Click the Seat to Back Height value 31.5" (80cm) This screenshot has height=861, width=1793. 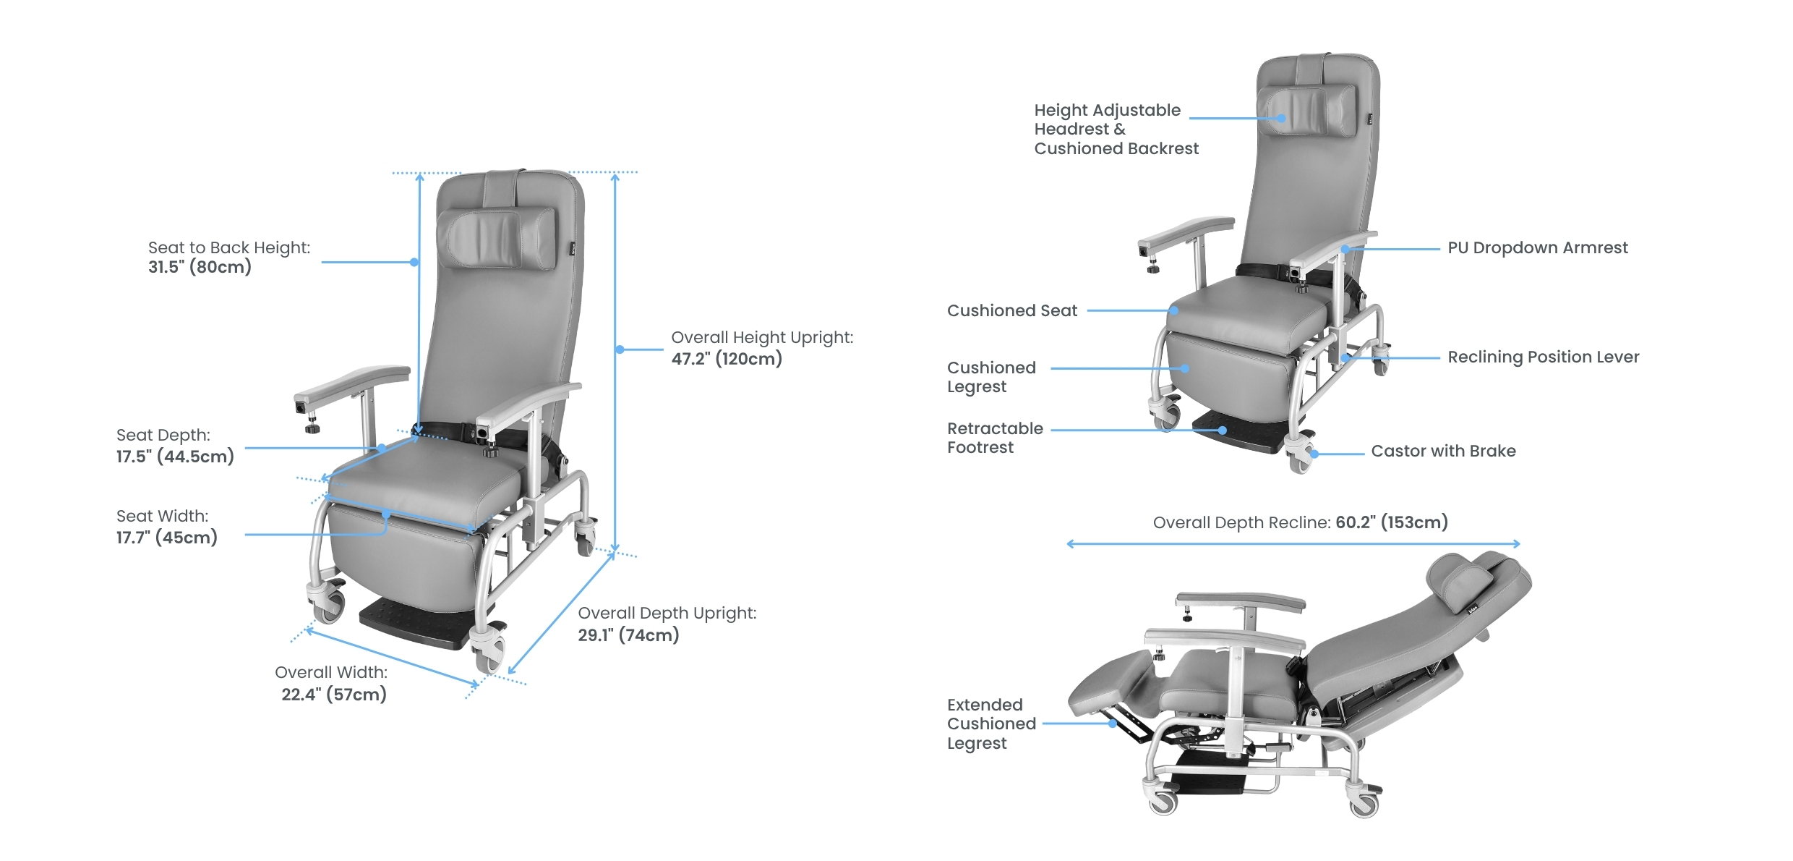pyautogui.click(x=200, y=267)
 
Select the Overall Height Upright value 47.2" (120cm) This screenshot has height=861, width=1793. pyautogui.click(x=726, y=359)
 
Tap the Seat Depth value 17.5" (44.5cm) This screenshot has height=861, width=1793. pyautogui.click(x=175, y=457)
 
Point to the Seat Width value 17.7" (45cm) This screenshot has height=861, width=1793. pyautogui.click(x=166, y=538)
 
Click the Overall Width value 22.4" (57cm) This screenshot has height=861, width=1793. pyautogui.click(x=333, y=695)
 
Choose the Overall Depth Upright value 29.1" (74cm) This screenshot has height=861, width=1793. pyautogui.click(x=628, y=635)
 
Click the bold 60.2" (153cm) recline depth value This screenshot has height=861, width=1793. pyautogui.click(x=1391, y=522)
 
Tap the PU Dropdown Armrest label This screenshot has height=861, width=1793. pyautogui.click(x=1537, y=248)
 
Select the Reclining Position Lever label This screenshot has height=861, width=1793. pyautogui.click(x=1543, y=357)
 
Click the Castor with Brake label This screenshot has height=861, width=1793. pyautogui.click(x=1443, y=451)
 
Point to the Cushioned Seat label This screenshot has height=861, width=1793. pyautogui.click(x=1011, y=311)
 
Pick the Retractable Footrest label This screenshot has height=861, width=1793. pyautogui.click(x=994, y=438)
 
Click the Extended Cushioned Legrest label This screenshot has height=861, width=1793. pyautogui.click(x=990, y=724)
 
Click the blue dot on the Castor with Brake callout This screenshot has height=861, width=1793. pyautogui.click(x=1315, y=454)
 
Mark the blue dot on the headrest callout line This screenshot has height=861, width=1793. pyautogui.click(x=1281, y=118)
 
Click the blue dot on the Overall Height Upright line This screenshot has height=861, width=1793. pyautogui.click(x=620, y=349)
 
